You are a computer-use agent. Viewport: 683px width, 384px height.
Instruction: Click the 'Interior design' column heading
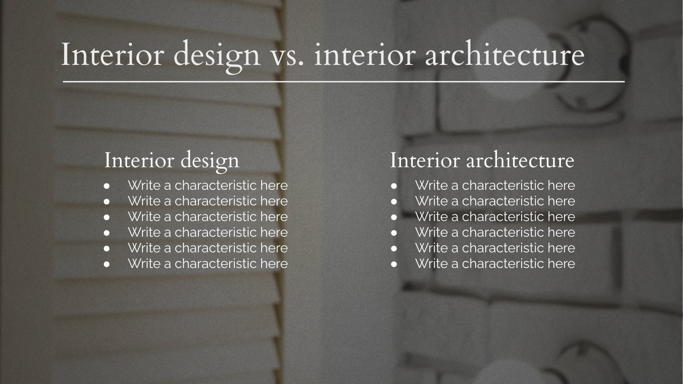172,161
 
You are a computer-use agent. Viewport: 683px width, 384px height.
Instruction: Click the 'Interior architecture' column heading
482,160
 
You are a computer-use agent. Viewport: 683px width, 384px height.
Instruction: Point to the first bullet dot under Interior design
107,186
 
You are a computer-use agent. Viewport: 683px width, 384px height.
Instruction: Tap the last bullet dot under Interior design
107,264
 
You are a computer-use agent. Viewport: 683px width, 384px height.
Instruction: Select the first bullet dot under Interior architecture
394,186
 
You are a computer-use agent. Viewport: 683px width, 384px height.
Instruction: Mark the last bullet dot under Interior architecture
394,264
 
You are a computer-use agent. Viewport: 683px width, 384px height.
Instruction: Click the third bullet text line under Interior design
207,217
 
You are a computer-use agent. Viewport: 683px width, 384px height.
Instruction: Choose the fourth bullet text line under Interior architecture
495,233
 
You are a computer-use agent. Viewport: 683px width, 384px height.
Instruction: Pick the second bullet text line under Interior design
207,201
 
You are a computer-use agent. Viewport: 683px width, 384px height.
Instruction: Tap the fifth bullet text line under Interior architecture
495,248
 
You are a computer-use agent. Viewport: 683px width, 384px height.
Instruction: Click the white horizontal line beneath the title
344,81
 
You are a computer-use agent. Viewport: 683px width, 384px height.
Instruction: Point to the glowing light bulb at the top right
506,55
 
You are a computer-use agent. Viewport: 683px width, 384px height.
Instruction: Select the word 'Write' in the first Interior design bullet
144,186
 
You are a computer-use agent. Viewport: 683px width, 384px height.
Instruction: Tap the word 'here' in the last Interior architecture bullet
561,264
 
